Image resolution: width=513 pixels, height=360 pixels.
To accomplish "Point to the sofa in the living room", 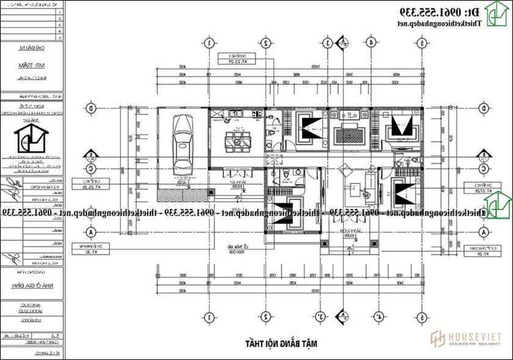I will pos(371,187).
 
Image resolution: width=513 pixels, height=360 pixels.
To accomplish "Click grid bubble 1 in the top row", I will pos(209,43).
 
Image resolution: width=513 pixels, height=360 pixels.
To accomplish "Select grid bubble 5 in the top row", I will pos(421,43).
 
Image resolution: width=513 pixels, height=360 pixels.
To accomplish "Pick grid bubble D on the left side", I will pos(91,109).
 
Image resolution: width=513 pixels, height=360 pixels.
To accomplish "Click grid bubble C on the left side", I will pos(91,168).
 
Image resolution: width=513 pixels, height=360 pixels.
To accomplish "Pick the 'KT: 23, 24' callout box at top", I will pos(236,59).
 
